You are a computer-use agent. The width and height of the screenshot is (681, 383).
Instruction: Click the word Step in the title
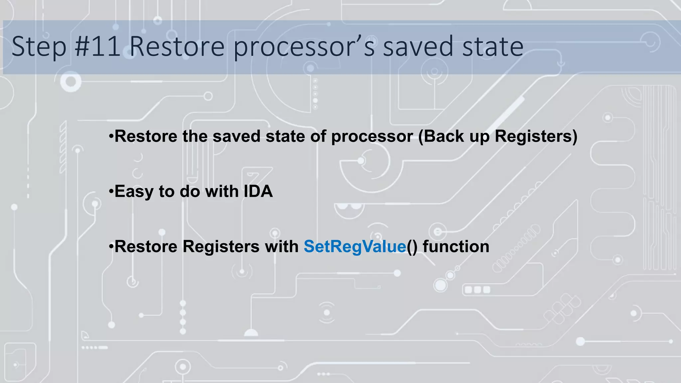(39, 47)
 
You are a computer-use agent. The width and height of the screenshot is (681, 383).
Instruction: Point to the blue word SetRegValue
(355, 247)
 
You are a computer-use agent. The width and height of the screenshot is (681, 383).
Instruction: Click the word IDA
(258, 191)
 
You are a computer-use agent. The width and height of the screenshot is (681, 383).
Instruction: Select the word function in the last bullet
(456, 247)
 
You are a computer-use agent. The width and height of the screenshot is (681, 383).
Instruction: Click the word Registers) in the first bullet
(536, 136)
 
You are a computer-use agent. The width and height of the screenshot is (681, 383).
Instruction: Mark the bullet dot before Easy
(111, 191)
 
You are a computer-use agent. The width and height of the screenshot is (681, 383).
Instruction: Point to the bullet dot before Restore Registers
(111, 246)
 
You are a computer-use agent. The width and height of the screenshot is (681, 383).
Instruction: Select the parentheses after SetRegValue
(412, 247)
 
